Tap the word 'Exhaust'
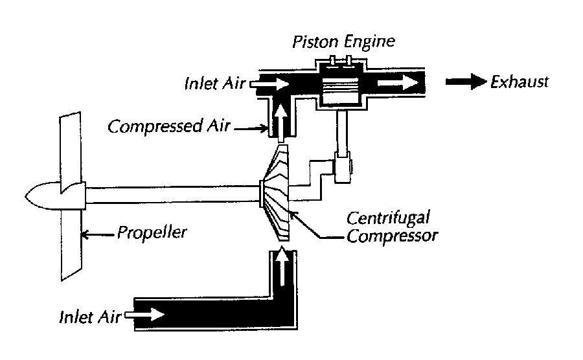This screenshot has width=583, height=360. pos(520,82)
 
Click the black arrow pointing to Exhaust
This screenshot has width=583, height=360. pos(466,82)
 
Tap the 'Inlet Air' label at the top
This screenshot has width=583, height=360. pos(214,84)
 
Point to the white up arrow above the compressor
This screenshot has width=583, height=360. pos(280,117)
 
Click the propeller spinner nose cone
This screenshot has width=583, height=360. pos(42,194)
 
